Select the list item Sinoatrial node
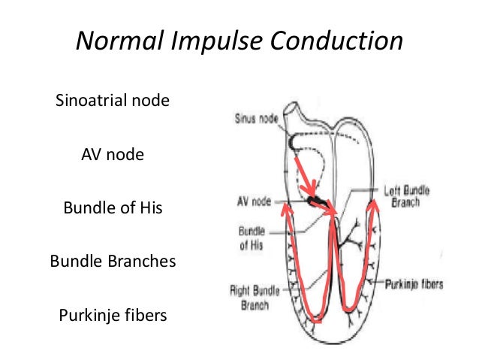coord(113,100)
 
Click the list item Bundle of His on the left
coord(113,207)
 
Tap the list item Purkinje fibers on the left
coord(113,314)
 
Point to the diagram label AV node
coord(252,201)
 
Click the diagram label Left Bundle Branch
coord(406,197)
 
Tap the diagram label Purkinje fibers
coord(414,284)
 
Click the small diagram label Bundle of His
coord(251,238)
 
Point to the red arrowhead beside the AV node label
coord(285,209)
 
